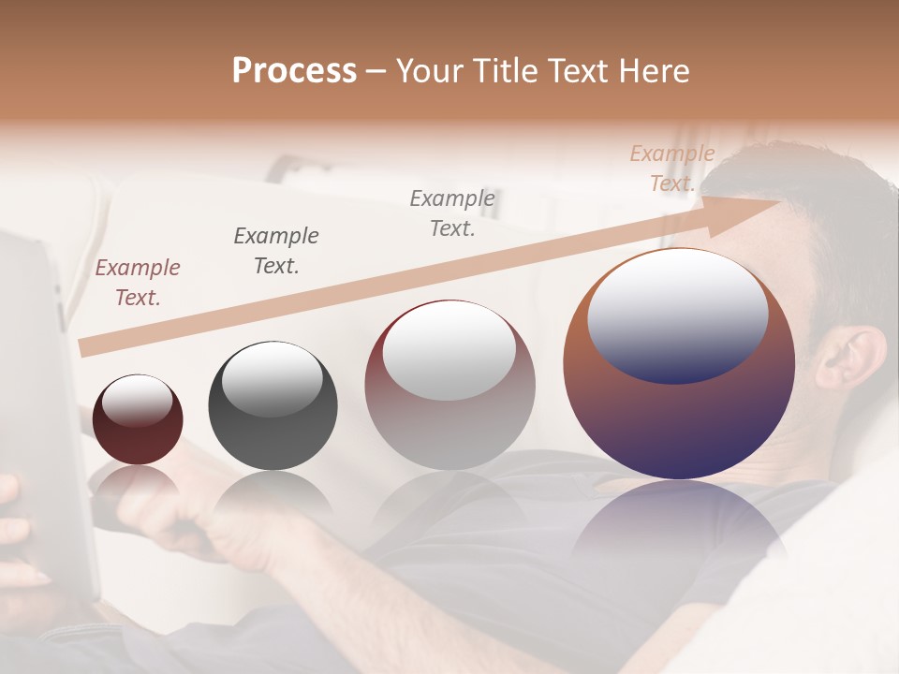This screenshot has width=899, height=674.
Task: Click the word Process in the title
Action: (x=294, y=71)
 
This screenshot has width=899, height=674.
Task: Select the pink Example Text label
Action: (x=138, y=283)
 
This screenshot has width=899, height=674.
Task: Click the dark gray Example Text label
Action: (x=276, y=251)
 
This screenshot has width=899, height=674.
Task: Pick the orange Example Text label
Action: (x=672, y=168)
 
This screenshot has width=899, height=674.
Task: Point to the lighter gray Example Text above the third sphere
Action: (x=452, y=212)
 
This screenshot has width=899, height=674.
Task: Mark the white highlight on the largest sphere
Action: (x=678, y=314)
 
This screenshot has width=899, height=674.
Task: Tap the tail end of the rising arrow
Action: (x=86, y=347)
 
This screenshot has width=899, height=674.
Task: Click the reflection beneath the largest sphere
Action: (x=679, y=524)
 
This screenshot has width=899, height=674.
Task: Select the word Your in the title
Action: (x=428, y=71)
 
